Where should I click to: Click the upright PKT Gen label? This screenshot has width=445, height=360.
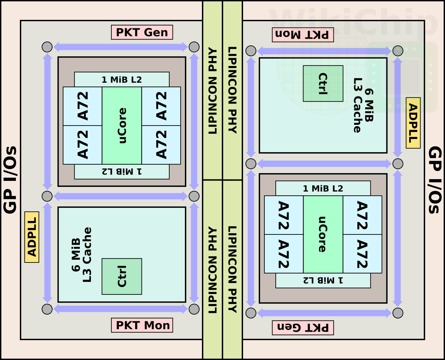pyautogui.click(x=142, y=32)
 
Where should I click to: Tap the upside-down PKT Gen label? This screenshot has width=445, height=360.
pyautogui.click(x=303, y=328)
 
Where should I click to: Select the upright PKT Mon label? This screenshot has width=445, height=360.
pyautogui.click(x=142, y=325)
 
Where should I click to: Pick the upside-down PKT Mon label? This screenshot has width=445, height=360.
pyautogui.click(x=303, y=35)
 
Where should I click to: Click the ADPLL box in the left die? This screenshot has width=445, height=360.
pyautogui.click(x=32, y=237)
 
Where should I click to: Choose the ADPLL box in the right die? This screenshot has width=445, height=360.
pyautogui.click(x=413, y=123)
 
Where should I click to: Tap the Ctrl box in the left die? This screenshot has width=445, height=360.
pyautogui.click(x=122, y=277)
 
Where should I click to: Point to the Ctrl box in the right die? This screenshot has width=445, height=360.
pyautogui.click(x=323, y=83)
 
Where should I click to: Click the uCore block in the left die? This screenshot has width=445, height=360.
pyautogui.click(x=122, y=126)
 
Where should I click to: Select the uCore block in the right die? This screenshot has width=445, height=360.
pyautogui.click(x=323, y=234)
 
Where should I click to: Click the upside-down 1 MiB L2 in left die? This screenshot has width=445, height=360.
pyautogui.click(x=122, y=172)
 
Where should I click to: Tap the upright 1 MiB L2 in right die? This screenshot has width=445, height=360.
pyautogui.click(x=323, y=188)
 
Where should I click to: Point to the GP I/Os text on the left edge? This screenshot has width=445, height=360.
pyautogui.click(x=10, y=180)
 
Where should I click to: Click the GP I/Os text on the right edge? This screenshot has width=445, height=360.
pyautogui.click(x=435, y=180)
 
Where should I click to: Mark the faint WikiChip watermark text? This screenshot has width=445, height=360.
pyautogui.click(x=353, y=22)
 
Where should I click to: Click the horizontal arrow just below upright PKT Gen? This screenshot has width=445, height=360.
pyautogui.click(x=121, y=47)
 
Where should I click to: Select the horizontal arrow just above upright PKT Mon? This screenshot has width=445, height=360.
pyautogui.click(x=121, y=309)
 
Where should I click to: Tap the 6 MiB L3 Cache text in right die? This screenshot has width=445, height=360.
pyautogui.click(x=363, y=105)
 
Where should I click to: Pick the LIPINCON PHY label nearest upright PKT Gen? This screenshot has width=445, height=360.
pyautogui.click(x=213, y=91)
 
